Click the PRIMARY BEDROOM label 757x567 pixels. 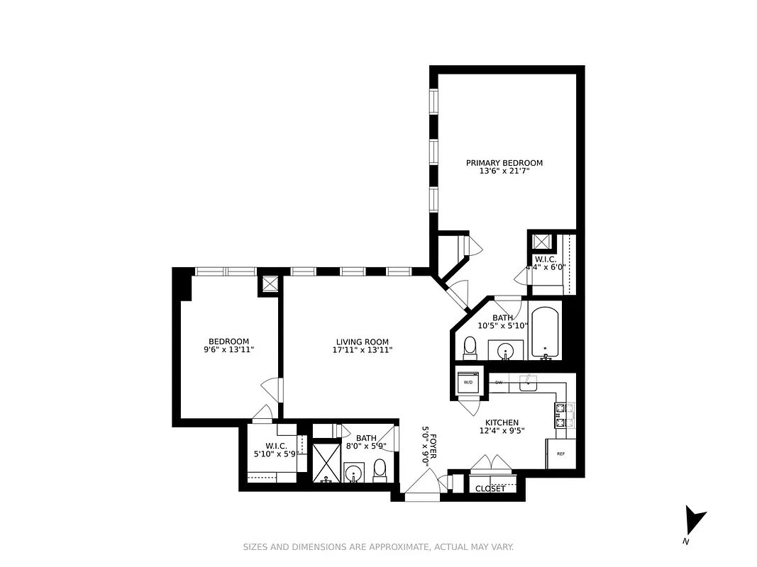point(504,163)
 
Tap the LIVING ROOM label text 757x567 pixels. point(362,342)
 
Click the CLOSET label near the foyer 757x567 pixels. point(490,488)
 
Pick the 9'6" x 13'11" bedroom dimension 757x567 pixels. point(228,350)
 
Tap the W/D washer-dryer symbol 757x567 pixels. point(468,383)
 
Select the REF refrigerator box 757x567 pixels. point(560,454)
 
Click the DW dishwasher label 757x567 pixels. point(499,383)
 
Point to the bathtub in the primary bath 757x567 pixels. point(545,332)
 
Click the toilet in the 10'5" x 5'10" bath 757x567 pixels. point(470,347)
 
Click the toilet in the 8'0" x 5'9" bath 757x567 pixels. point(380,469)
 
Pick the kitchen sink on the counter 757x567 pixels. point(528,383)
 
